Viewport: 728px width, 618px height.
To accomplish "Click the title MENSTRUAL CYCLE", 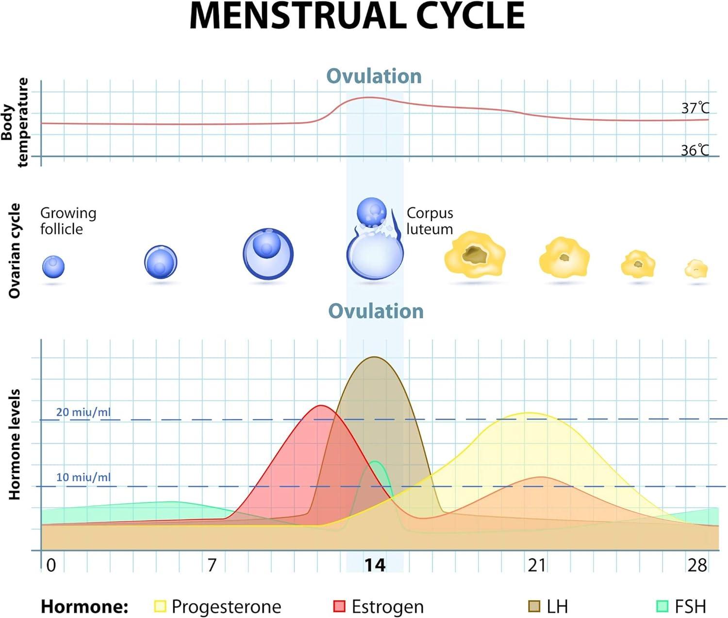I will [x=357, y=16].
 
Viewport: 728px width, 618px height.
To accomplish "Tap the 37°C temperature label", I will [x=695, y=108].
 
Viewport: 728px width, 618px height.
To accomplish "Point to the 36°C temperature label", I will [x=695, y=150].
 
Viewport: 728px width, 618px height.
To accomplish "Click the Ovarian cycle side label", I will [x=15, y=250].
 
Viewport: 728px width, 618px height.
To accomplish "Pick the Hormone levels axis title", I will [x=15, y=444].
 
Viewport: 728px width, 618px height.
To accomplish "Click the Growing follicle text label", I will [x=68, y=221].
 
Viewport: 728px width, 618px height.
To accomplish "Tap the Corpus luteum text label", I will [x=430, y=221].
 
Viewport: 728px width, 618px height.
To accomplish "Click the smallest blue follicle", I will [x=53, y=267].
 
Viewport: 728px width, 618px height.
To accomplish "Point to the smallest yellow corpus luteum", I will [x=696, y=269].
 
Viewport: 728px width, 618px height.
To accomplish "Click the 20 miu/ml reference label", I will [x=83, y=412].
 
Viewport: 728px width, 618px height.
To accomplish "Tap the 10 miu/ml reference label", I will [x=83, y=477].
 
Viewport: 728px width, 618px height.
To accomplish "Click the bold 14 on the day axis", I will [x=375, y=565].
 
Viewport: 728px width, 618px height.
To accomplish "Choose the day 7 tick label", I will [x=212, y=565].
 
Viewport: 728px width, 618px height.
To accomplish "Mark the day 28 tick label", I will [x=697, y=565].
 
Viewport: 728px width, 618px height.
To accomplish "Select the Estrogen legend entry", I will [x=379, y=607].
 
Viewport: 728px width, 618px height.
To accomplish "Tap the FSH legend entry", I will [x=681, y=607].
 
